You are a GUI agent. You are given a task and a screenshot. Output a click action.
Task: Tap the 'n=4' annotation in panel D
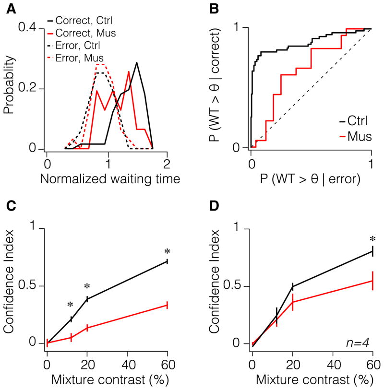click(x=357, y=342)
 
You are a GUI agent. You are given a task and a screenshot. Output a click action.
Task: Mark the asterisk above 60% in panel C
click(x=167, y=251)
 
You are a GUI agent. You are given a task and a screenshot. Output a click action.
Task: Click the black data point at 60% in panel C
click(x=167, y=261)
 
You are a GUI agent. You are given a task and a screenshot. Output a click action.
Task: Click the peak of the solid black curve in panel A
click(x=137, y=63)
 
